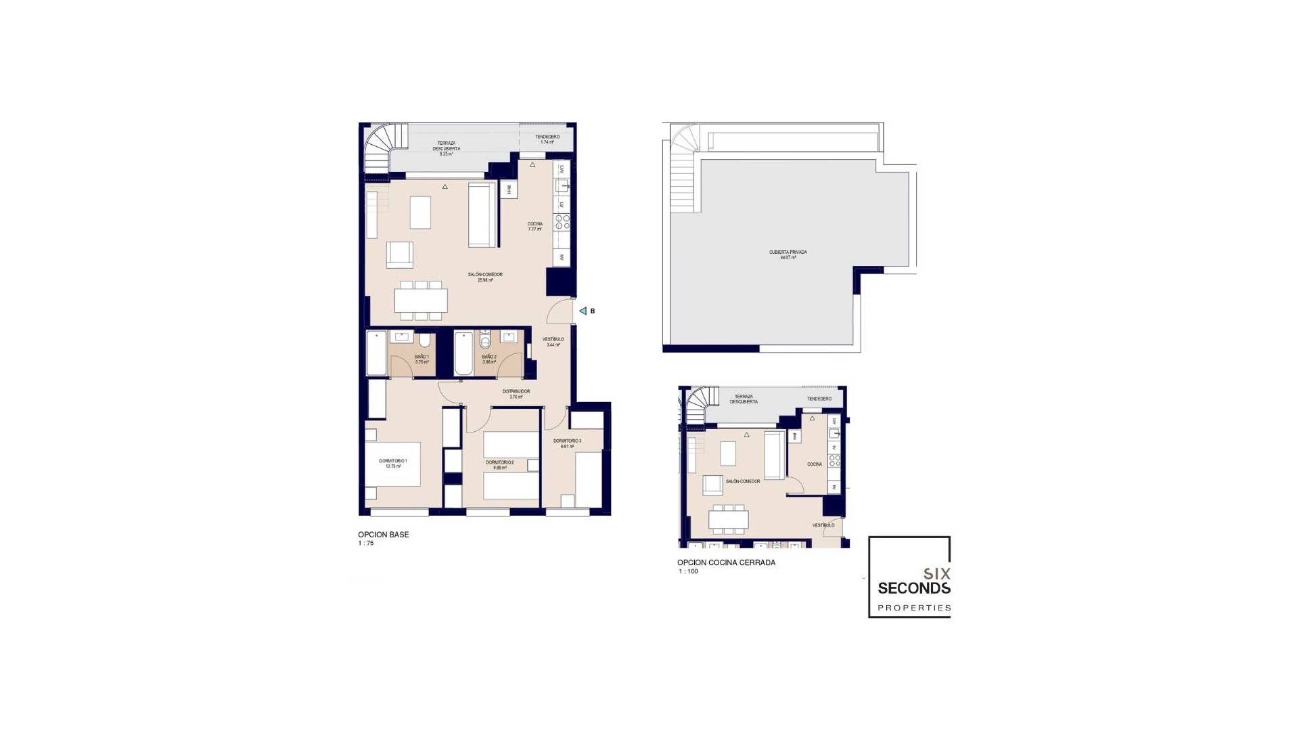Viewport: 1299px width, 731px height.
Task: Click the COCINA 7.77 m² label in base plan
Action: coord(534,227)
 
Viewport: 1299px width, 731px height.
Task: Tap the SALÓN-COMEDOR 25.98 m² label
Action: coord(485,277)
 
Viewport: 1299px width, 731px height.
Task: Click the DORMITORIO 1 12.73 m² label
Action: coord(393,463)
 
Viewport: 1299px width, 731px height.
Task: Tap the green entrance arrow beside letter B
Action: coord(583,311)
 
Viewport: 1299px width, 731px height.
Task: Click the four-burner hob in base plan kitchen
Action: coord(562,221)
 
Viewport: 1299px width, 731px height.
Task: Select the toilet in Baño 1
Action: coord(424,339)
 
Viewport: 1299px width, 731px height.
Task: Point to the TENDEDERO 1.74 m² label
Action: coord(547,139)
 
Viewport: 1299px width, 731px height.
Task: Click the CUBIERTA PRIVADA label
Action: coord(788,254)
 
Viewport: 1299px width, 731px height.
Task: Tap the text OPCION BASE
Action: coord(383,535)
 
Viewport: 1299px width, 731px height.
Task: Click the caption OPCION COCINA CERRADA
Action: coord(726,562)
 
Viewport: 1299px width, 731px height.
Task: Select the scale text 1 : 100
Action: coord(688,572)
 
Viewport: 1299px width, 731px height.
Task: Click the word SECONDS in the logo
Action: coord(913,588)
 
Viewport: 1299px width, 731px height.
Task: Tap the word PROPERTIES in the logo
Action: coord(913,608)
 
